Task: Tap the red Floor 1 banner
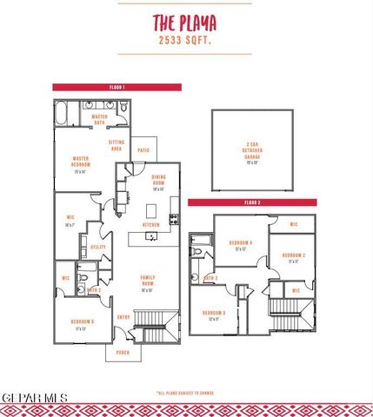coord(117,88)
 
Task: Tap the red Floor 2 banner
coord(251,202)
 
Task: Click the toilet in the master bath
coord(123,109)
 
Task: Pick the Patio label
coord(143,150)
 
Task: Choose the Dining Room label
coord(158,182)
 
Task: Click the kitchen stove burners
coord(173,220)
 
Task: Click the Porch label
coord(123,353)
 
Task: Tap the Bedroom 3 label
coord(215,314)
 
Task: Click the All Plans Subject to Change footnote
coord(185,393)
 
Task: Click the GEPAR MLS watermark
coord(35,398)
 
